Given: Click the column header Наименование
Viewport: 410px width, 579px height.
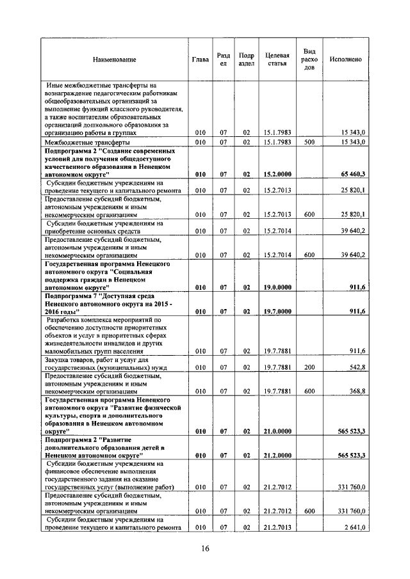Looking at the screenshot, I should (115, 59).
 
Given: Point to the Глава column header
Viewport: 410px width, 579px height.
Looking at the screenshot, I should (200, 59).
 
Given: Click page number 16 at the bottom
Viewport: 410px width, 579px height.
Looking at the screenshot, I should (205, 548).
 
